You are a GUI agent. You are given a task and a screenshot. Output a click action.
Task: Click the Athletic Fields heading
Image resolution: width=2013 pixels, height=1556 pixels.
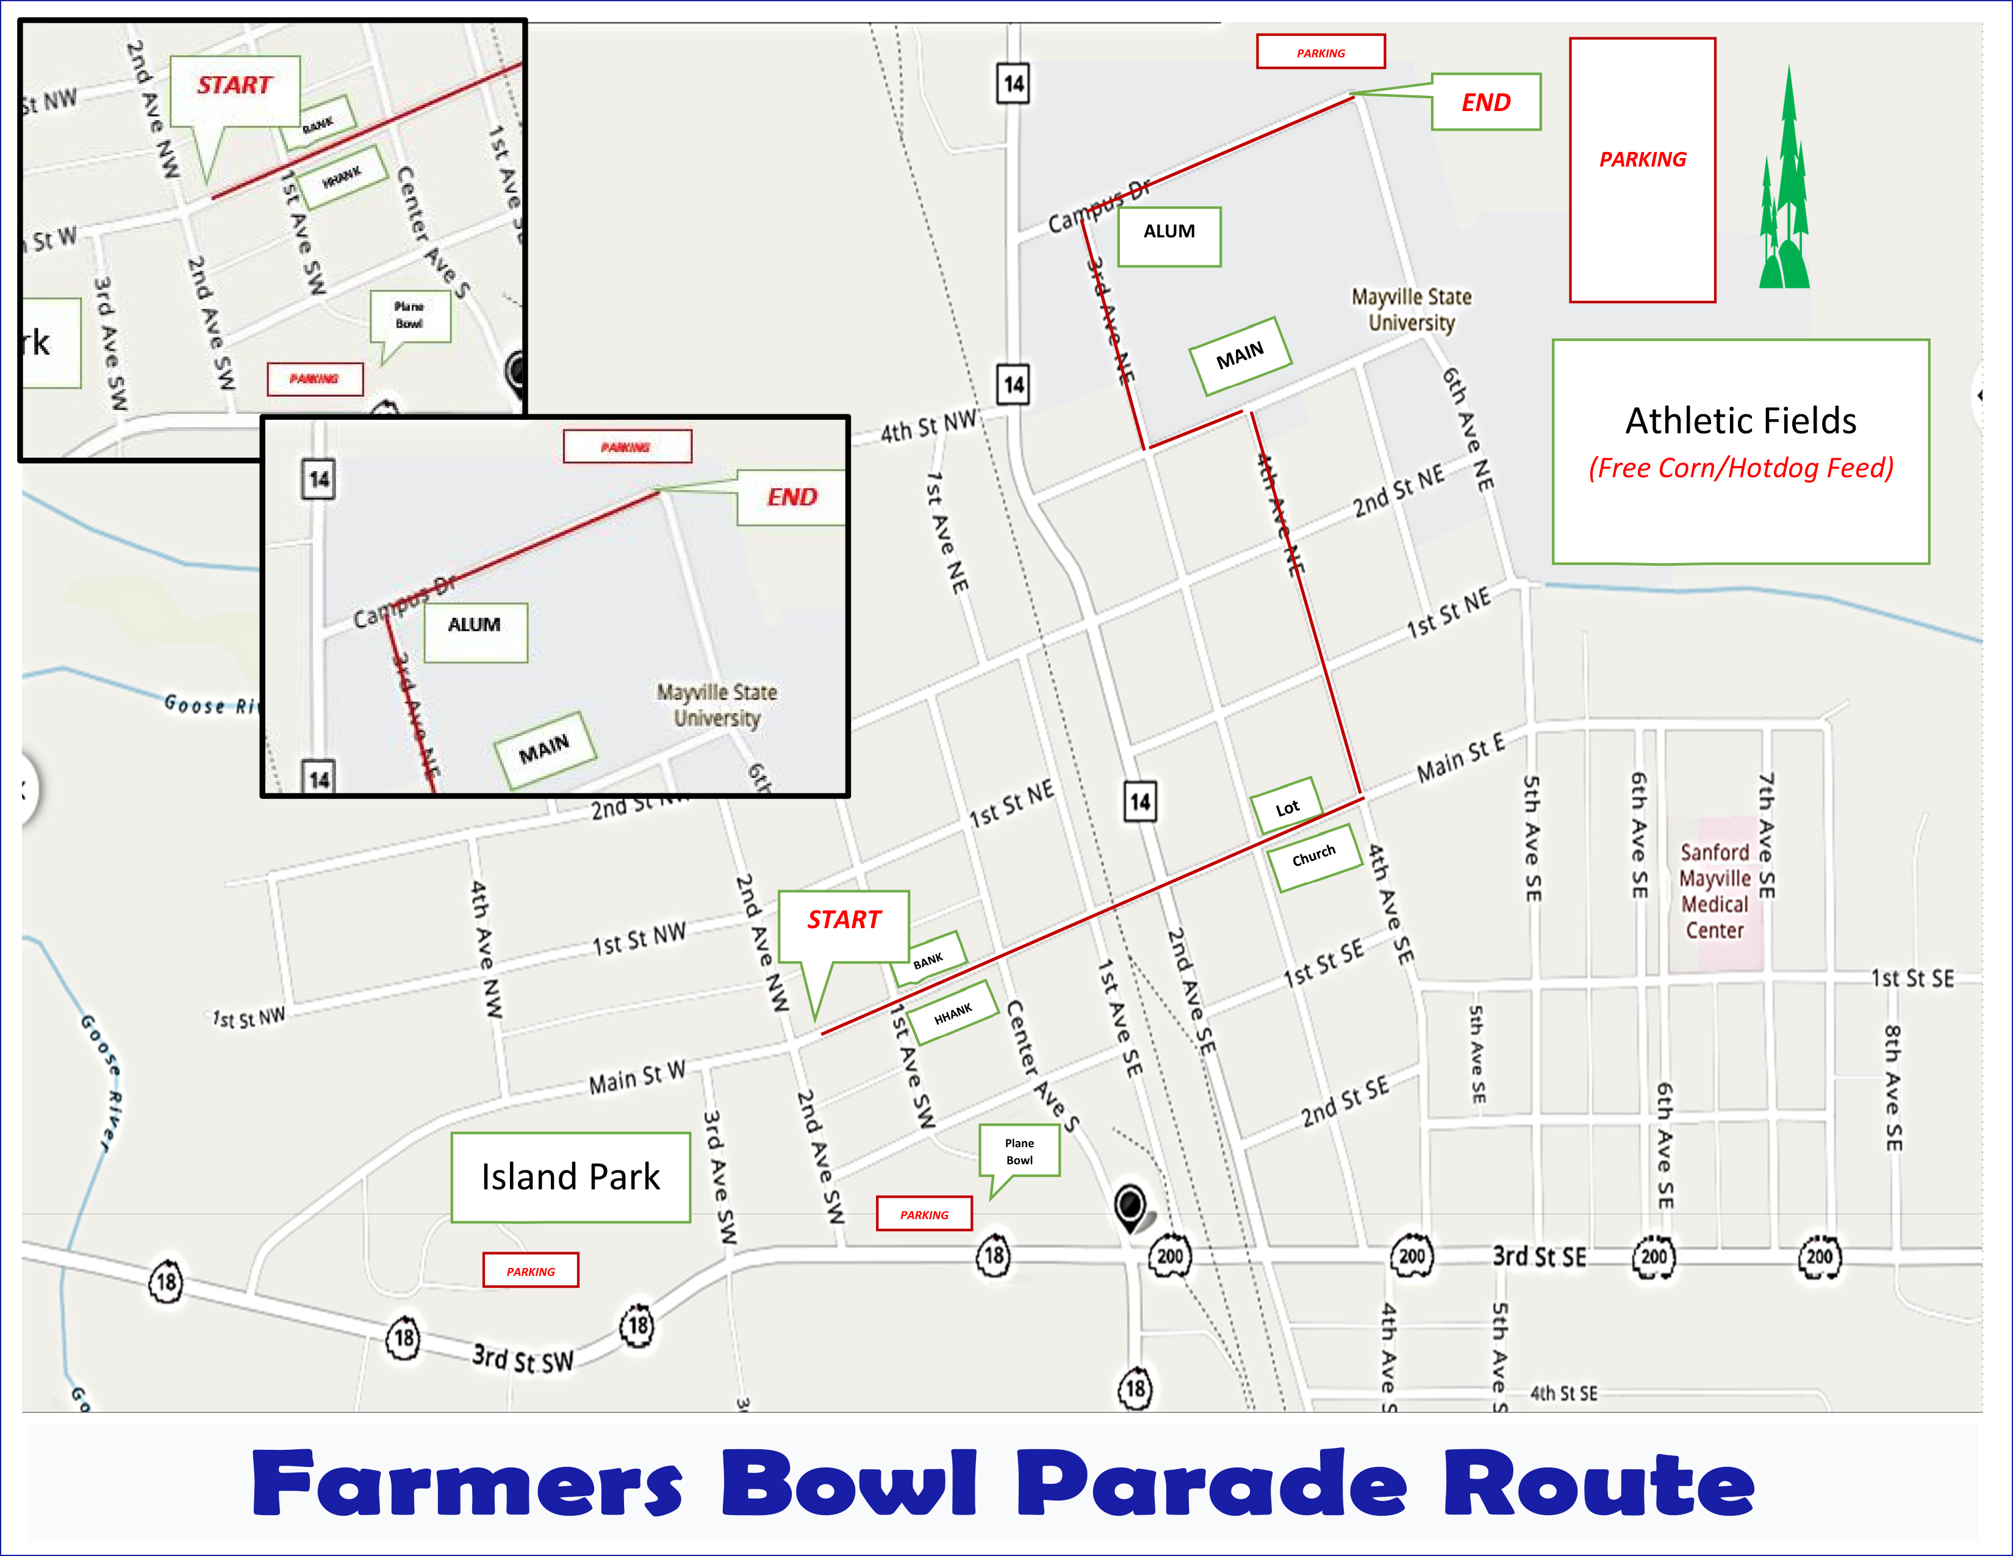coord(1740,421)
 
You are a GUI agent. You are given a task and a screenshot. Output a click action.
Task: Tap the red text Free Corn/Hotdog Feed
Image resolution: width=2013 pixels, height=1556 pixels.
coord(1740,468)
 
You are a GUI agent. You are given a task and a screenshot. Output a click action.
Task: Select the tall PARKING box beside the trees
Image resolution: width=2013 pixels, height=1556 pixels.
coord(1643,170)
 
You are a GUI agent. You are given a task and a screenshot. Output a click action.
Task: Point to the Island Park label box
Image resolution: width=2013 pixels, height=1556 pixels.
coord(570,1177)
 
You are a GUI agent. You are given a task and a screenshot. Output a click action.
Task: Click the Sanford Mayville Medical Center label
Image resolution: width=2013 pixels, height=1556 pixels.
coord(1714,891)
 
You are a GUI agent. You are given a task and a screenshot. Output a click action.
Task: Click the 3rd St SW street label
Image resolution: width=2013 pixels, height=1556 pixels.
coord(523,1359)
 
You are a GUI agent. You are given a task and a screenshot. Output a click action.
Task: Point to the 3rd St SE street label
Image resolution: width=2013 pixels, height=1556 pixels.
coord(1539,1256)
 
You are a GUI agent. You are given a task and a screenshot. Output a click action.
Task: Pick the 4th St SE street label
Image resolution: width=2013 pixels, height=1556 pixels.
coord(1563,1393)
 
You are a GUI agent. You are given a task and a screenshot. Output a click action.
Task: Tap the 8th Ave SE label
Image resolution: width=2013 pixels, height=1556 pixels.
coord(1892,1088)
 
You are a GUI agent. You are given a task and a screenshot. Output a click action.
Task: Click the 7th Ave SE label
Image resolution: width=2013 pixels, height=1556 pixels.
coord(1766,835)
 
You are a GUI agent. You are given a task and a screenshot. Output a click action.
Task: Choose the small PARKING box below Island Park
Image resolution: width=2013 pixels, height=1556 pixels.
coord(531,1270)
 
